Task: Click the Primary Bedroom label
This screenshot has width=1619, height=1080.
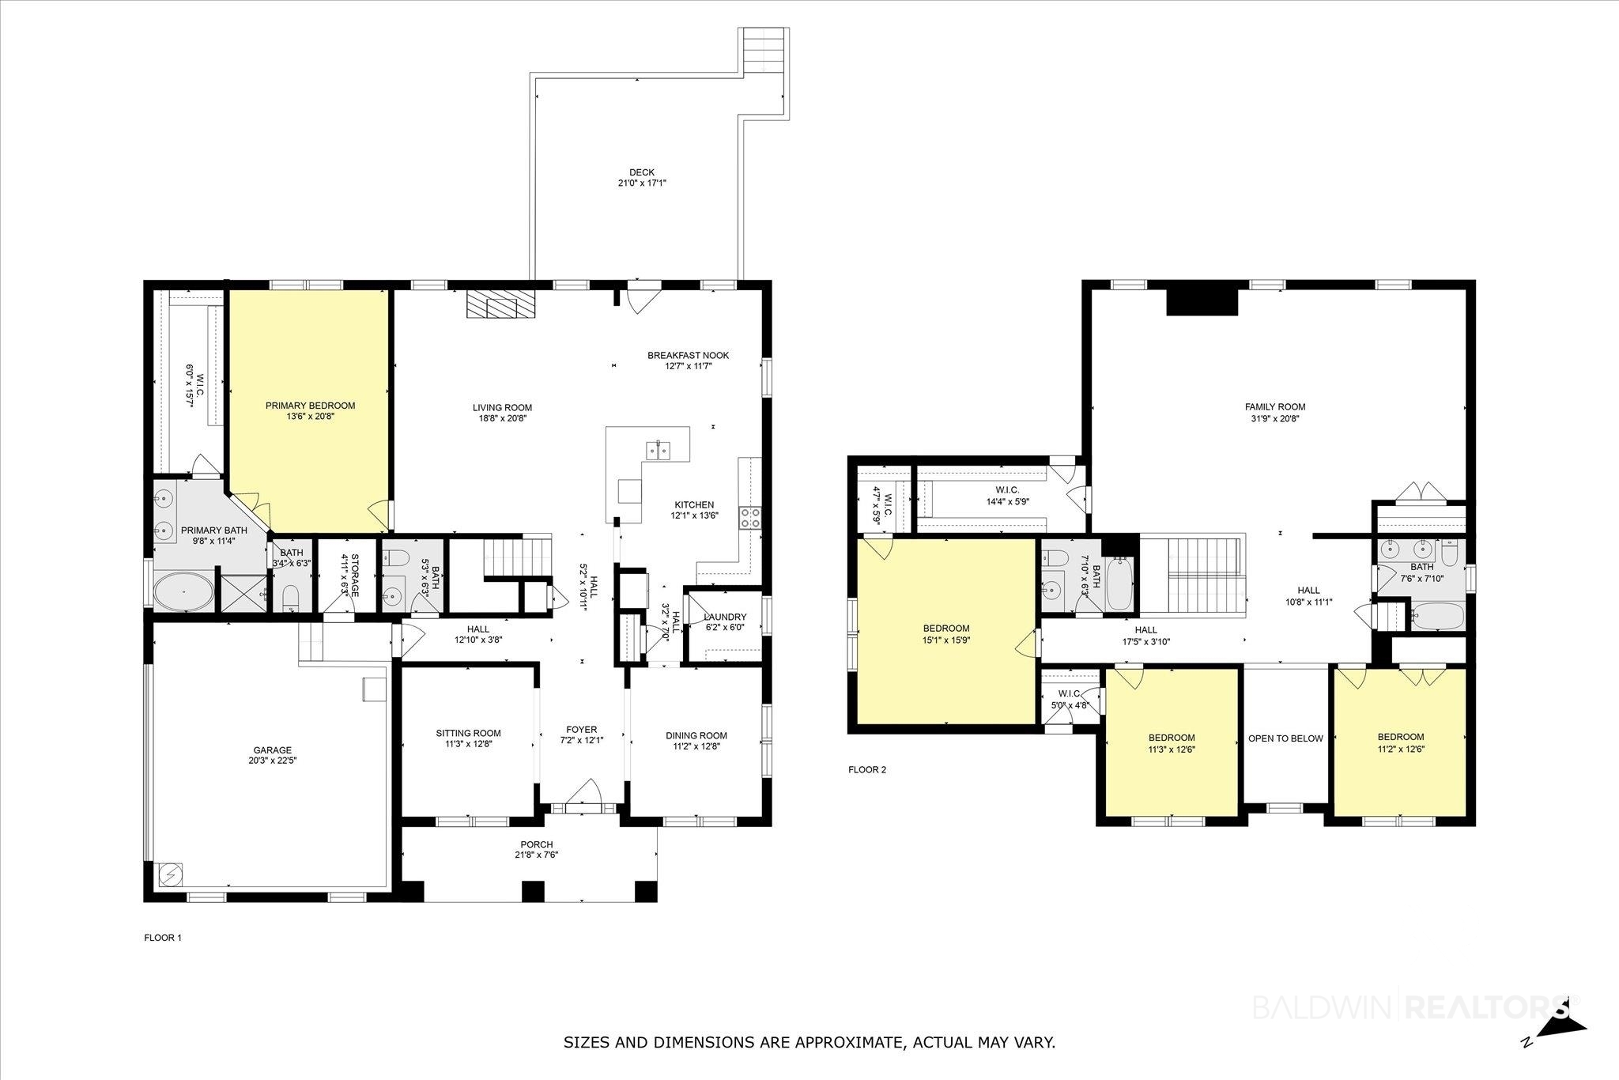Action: tap(310, 406)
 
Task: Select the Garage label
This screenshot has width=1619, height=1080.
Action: tap(272, 750)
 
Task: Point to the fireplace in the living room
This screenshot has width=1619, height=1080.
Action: tap(500, 304)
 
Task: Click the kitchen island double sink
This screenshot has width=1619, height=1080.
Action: tap(659, 450)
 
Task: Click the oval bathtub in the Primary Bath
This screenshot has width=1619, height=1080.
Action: tap(184, 591)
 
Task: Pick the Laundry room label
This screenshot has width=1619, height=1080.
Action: tap(725, 617)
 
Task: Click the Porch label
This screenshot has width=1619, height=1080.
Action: tap(537, 844)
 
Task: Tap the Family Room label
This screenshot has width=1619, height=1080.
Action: tap(1275, 407)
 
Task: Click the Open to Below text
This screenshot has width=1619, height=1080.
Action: tap(1285, 738)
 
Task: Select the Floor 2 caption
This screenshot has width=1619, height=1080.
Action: tap(867, 769)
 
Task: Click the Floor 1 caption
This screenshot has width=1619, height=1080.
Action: tap(163, 938)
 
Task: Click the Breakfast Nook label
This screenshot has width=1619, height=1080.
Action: tap(689, 355)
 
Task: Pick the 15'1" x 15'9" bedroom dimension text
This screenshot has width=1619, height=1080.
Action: tap(946, 641)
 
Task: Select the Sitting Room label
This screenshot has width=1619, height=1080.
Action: tap(469, 733)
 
